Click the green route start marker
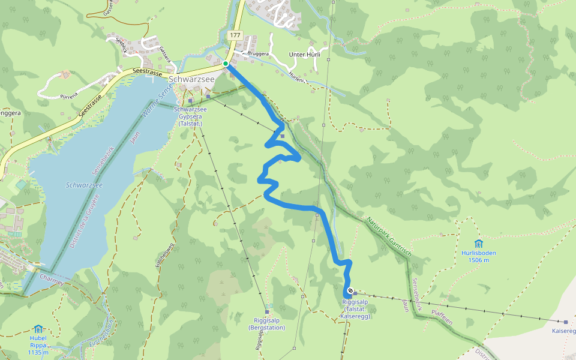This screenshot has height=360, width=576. click(226, 64)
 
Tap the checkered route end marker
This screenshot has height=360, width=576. click(350, 290)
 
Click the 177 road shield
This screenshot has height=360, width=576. click(235, 36)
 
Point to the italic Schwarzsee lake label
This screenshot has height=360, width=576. click(84, 185)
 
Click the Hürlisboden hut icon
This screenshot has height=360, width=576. click(478, 244)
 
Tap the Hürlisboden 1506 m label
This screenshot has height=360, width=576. click(478, 256)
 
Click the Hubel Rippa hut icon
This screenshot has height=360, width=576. click(38, 329)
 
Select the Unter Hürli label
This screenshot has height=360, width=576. click(305, 55)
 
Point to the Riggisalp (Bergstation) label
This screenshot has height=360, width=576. click(267, 324)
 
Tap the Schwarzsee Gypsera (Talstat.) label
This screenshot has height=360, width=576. click(190, 116)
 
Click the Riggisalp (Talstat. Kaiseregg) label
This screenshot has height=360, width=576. click(355, 308)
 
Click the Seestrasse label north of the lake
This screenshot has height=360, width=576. click(148, 71)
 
